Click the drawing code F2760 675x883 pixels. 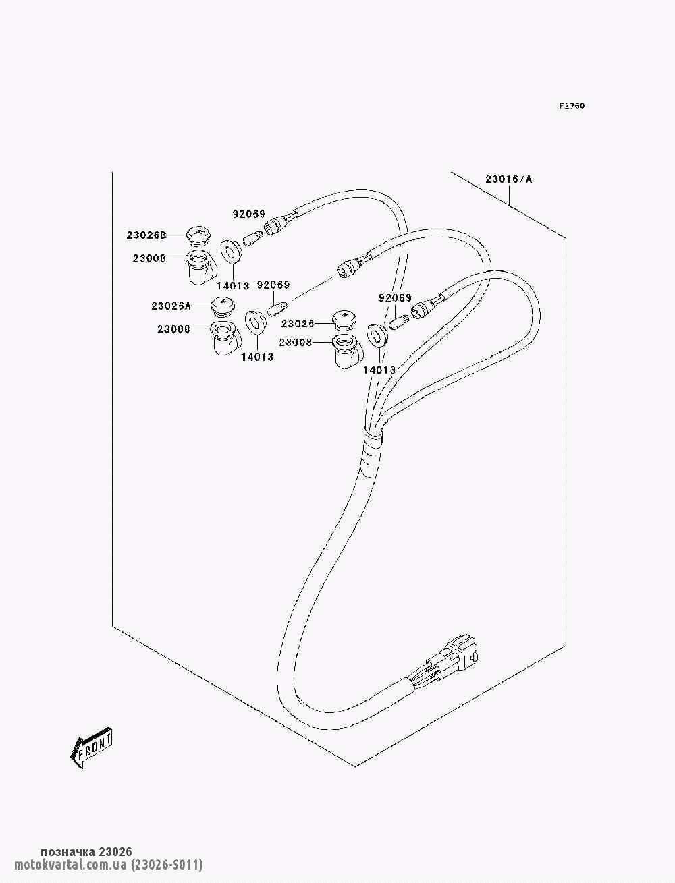tap(571, 106)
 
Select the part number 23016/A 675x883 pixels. tap(508, 179)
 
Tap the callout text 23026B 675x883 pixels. tap(146, 235)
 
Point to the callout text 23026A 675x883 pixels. tap(171, 306)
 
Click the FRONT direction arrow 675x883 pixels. tap(91, 747)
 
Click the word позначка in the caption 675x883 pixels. tap(67, 852)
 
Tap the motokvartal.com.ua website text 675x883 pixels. tap(70, 865)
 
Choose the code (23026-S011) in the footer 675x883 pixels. tap(167, 865)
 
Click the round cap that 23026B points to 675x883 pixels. tap(198, 235)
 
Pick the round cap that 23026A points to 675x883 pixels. tap(222, 306)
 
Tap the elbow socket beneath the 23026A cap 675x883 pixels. tap(225, 339)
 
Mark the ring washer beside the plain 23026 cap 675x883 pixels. tap(377, 335)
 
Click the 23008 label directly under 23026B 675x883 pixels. tap(148, 258)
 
